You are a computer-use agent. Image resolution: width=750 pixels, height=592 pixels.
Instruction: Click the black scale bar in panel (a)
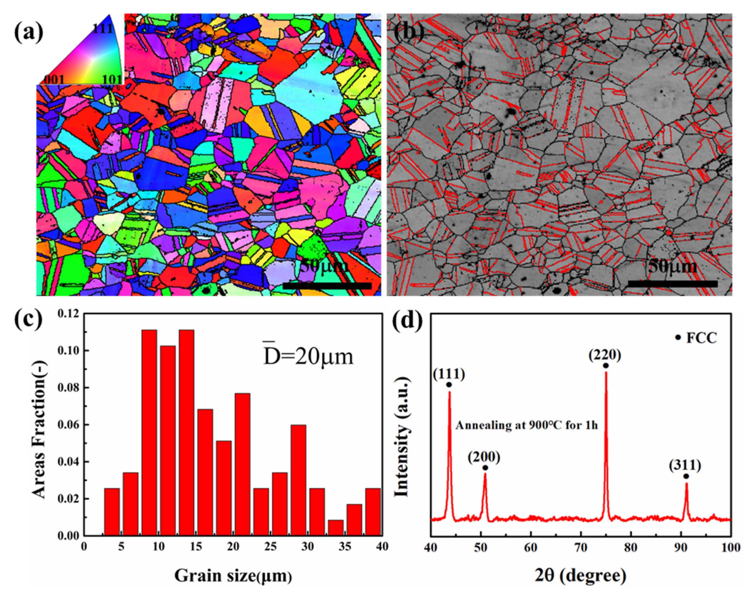coord(327,286)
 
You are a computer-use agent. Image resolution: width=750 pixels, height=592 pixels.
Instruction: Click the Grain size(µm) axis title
coord(233,576)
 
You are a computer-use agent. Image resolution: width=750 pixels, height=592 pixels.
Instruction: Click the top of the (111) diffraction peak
coord(450,392)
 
